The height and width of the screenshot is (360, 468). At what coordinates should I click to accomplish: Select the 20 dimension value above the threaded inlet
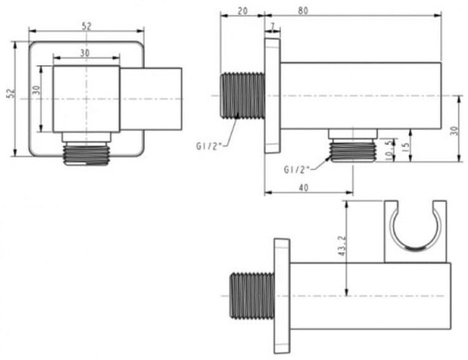[242, 10]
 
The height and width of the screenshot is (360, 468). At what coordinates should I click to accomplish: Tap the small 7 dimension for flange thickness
[272, 26]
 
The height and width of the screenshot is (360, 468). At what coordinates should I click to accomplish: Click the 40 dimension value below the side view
[304, 187]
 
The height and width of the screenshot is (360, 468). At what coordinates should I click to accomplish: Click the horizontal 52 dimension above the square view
[86, 25]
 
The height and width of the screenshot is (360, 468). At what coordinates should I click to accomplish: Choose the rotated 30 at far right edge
[453, 130]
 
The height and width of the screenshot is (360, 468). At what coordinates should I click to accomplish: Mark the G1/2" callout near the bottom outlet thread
[296, 169]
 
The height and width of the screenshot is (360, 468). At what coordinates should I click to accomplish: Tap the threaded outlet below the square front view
[86, 154]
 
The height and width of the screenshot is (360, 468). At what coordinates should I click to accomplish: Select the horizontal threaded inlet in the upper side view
[242, 95]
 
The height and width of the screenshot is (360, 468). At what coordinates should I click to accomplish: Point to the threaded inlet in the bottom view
[251, 295]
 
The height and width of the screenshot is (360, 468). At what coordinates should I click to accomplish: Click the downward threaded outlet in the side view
[353, 151]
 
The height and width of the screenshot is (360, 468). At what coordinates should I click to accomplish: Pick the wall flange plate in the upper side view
[272, 96]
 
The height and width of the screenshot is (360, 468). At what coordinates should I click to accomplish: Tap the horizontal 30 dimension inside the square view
[85, 53]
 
